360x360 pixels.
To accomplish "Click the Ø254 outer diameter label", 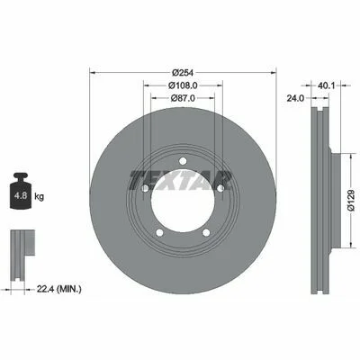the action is [183, 73].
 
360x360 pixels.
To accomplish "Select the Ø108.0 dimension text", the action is [183, 85].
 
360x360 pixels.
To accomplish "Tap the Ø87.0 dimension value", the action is [183, 98].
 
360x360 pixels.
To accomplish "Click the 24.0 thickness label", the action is [295, 98].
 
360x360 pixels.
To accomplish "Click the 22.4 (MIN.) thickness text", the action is [58, 290].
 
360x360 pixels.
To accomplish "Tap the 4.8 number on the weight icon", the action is [22, 196].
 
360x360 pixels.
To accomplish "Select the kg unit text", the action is [39, 197].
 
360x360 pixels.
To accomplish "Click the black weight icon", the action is [21, 191].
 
